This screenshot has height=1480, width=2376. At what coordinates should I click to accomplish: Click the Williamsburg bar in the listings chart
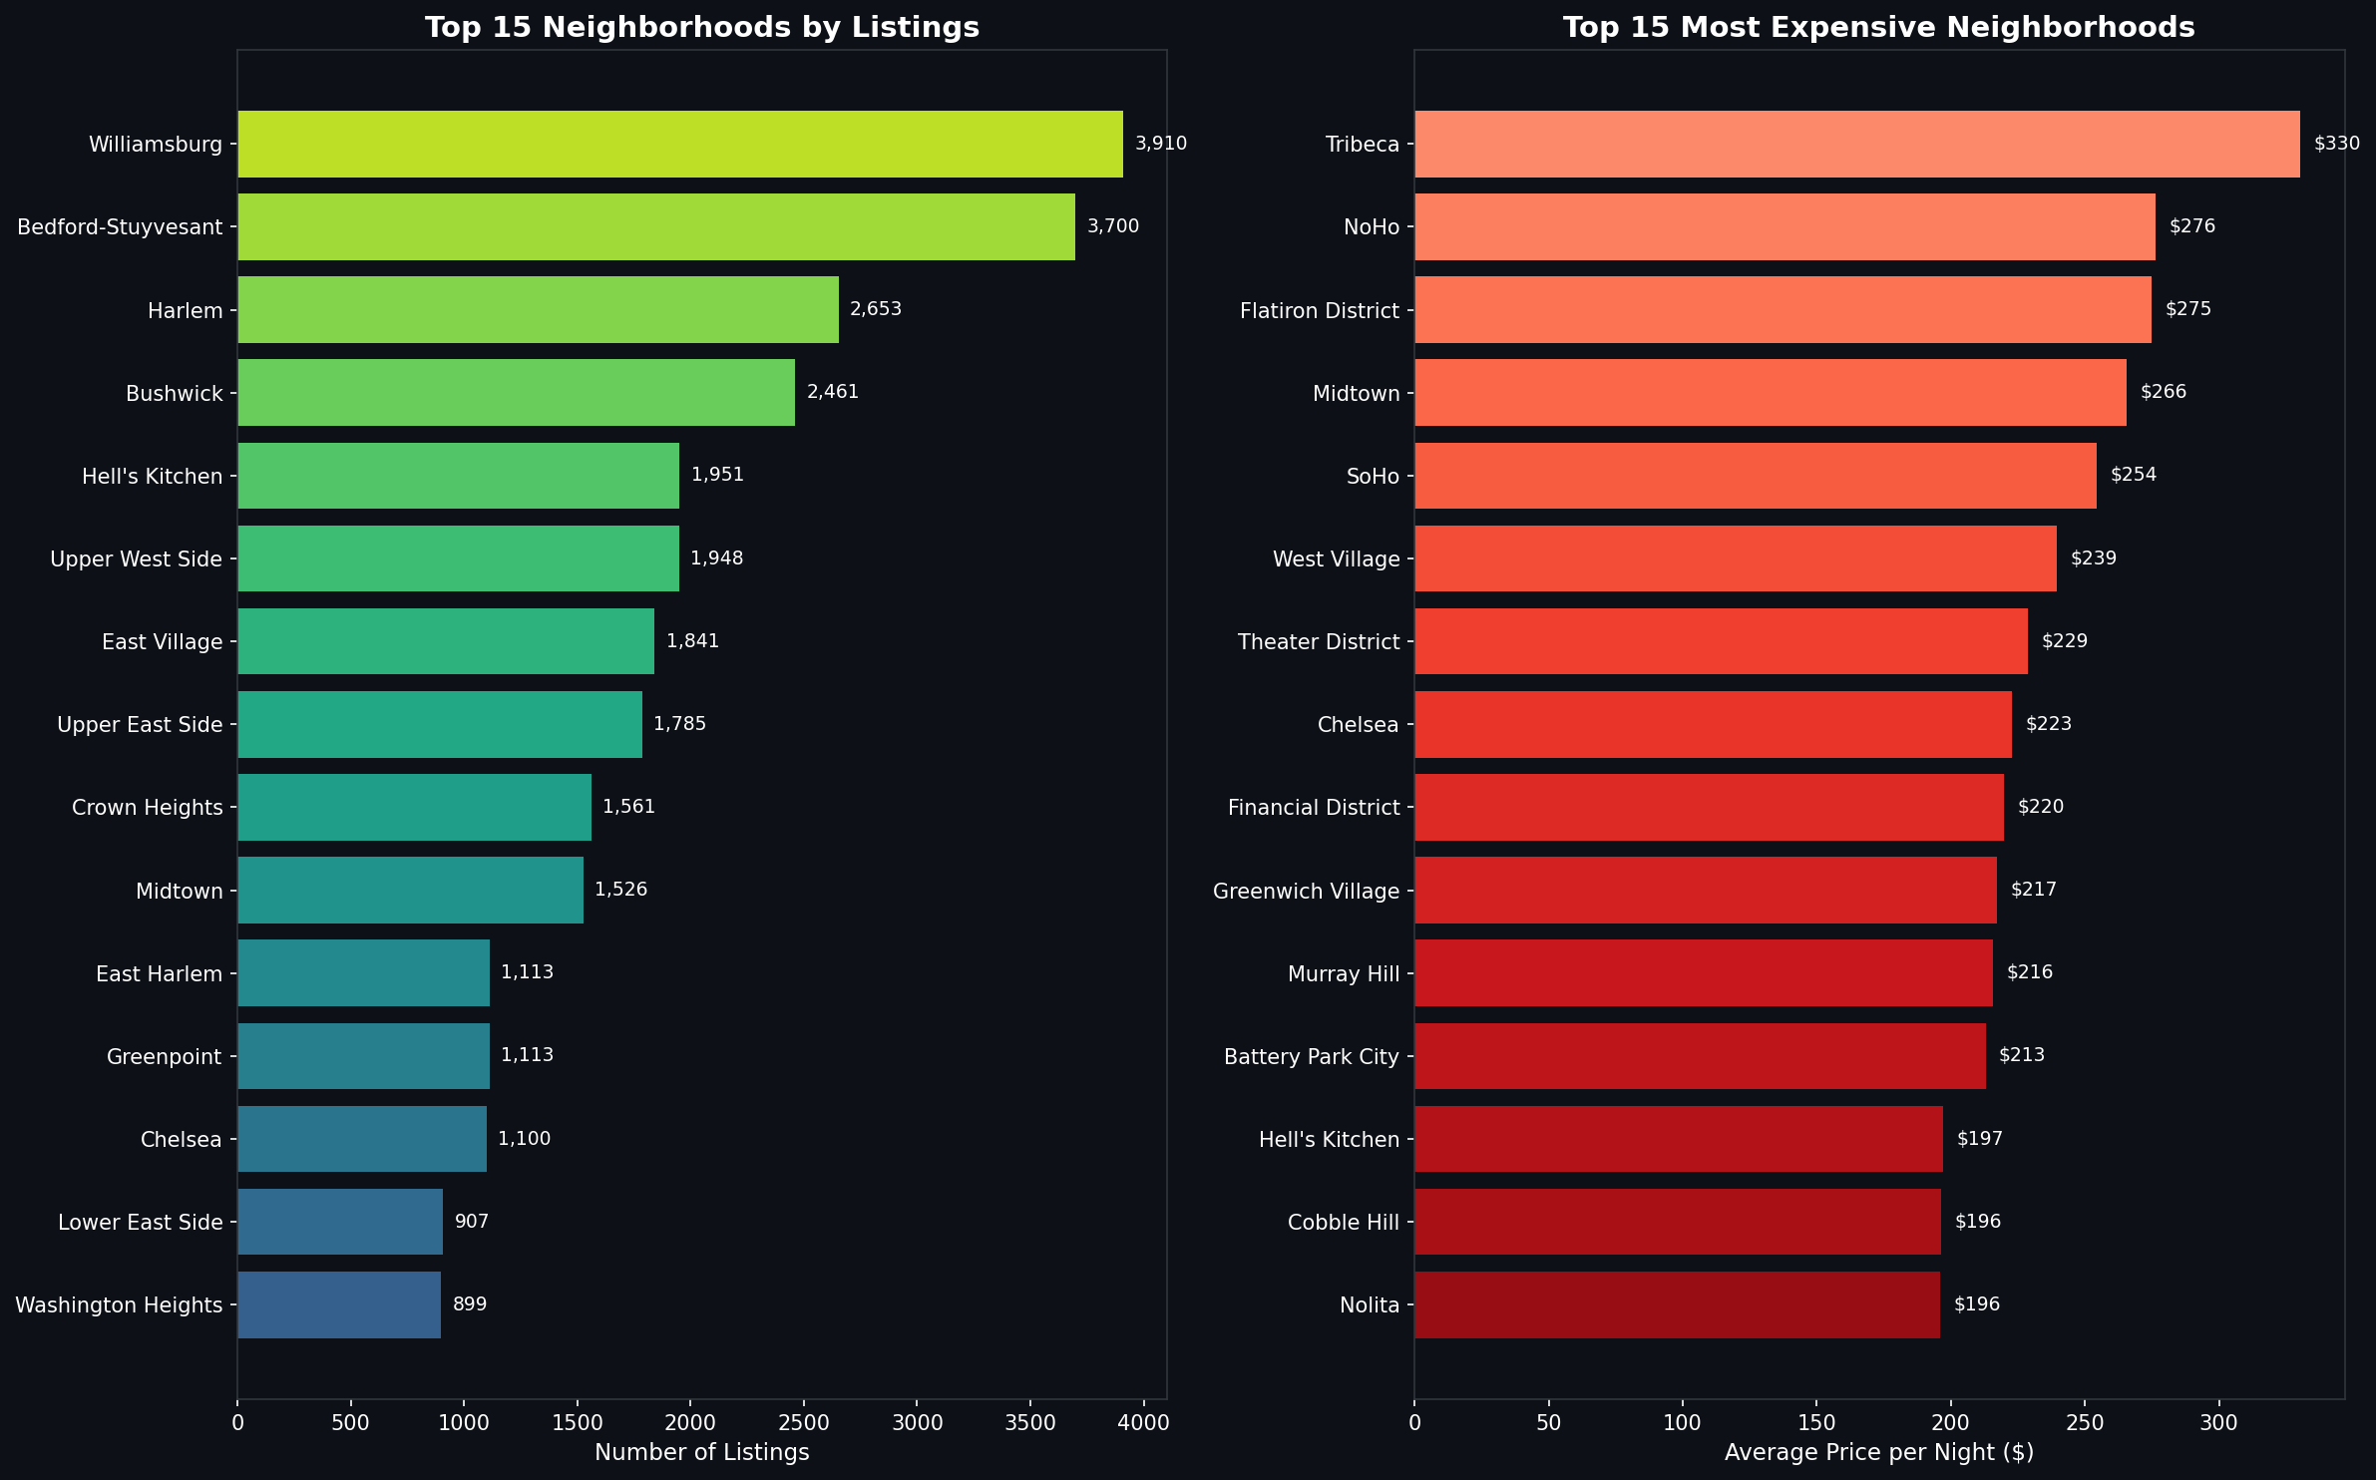(x=679, y=144)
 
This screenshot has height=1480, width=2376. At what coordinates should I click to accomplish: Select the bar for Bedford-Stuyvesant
(x=655, y=226)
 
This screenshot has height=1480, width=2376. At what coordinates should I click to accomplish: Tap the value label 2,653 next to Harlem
(x=875, y=309)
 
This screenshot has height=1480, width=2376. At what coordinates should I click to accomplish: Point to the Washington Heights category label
(x=119, y=1304)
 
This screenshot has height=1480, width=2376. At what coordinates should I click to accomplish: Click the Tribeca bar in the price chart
(x=1856, y=144)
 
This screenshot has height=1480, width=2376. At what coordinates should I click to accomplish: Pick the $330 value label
(x=2336, y=144)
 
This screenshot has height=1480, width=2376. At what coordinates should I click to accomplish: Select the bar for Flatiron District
(x=1782, y=309)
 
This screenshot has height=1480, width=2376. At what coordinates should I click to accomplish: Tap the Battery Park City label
(x=1311, y=1056)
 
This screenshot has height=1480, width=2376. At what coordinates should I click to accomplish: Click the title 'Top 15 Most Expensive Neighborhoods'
(x=1878, y=27)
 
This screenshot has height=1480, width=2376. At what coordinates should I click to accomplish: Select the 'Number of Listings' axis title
(x=701, y=1452)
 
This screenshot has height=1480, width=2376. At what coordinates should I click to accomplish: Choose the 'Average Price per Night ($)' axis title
(x=1878, y=1452)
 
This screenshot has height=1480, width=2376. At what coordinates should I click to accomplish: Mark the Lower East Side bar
(x=339, y=1222)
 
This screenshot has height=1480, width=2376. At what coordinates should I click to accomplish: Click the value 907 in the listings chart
(x=471, y=1222)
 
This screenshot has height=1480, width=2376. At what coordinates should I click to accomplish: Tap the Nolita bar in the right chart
(x=1676, y=1304)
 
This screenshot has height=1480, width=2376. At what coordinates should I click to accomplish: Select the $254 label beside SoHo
(x=2133, y=475)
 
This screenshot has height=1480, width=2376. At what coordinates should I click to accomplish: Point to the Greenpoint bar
(x=363, y=1056)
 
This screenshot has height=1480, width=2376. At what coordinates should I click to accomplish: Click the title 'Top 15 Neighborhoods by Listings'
(x=701, y=27)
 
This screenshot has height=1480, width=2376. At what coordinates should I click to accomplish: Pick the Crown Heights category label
(x=147, y=807)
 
